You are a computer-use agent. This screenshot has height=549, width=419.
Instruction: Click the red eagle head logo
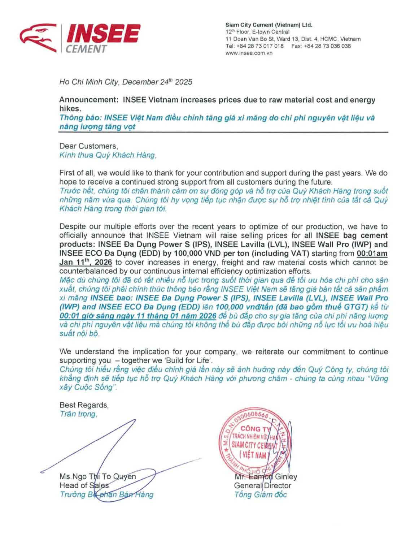38,38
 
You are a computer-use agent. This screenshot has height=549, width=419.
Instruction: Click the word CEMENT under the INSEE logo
86,49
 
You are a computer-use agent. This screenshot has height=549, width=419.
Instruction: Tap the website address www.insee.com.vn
249,53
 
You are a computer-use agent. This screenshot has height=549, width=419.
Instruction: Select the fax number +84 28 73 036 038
327,46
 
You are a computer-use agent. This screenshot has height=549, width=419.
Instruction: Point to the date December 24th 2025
157,82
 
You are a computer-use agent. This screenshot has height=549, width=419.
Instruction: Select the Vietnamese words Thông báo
80,118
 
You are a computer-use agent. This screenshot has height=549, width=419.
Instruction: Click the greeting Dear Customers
88,146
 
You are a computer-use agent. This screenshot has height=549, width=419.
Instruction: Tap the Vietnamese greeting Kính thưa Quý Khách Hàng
108,155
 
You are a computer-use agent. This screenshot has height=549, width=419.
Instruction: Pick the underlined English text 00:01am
372,254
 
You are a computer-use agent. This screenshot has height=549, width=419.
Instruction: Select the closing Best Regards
84,405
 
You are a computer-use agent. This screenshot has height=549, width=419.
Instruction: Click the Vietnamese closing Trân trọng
78,414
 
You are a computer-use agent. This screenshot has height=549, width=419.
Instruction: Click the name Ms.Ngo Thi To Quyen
97,476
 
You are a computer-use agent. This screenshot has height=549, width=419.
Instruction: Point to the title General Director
262,485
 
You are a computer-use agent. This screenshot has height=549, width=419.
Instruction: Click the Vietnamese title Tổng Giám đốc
260,494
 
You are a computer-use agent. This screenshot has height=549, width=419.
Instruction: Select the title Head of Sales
84,485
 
